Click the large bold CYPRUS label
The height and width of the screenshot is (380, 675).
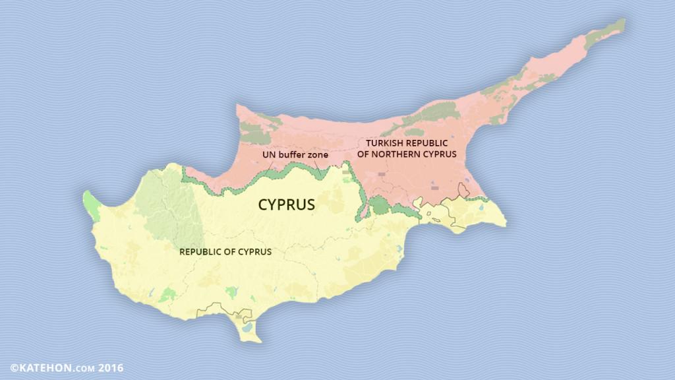pyautogui.click(x=286, y=205)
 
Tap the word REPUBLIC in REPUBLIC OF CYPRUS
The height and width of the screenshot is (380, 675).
pyautogui.click(x=202, y=251)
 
